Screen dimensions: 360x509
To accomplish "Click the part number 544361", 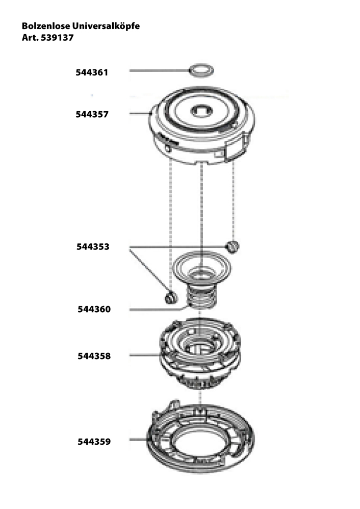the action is tap(92, 72).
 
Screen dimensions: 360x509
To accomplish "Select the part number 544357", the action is tap(92, 114).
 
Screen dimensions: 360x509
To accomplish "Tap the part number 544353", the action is tap(93, 247).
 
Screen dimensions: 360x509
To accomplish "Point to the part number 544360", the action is tap(94, 309).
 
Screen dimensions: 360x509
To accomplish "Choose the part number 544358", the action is tap(94, 356).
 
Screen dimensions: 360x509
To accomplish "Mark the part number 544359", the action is tap(94, 442).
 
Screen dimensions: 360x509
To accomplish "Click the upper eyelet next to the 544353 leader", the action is tap(233, 246).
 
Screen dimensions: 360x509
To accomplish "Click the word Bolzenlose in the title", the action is tap(45, 26).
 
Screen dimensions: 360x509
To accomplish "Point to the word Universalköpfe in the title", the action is tap(106, 27).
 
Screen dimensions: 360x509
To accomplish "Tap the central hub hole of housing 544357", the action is tap(201, 111).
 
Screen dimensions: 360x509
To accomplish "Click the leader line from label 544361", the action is tap(160, 70).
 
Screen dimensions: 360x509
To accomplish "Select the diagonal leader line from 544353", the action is tap(149, 269).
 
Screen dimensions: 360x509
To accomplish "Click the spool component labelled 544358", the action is tap(200, 354).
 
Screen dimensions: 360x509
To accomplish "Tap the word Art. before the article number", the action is tap(30, 38).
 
